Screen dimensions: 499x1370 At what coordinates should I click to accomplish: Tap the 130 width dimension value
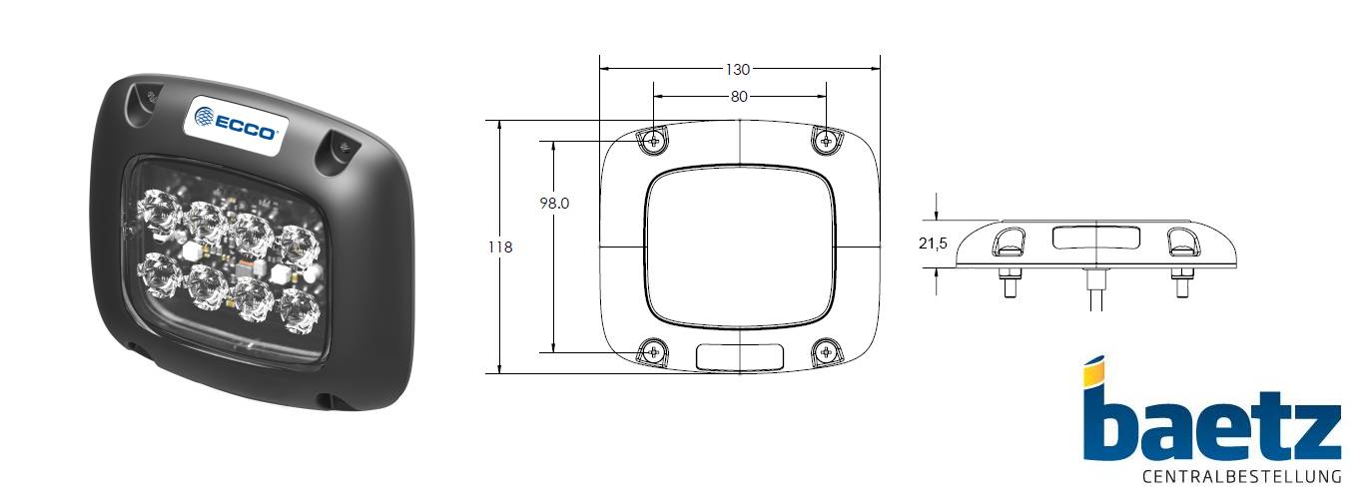(x=738, y=69)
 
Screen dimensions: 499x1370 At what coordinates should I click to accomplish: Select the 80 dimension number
(x=738, y=97)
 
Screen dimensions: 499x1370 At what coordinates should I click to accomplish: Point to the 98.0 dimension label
(x=554, y=203)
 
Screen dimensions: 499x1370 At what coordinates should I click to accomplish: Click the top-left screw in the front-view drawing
(x=653, y=141)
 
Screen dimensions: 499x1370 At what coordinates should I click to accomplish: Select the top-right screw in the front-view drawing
(x=825, y=141)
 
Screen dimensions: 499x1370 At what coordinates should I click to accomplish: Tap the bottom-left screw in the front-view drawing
(x=653, y=350)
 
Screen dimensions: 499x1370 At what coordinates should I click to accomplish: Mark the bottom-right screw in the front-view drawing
(x=825, y=350)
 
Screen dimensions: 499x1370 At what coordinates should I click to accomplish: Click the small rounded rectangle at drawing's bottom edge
(x=739, y=355)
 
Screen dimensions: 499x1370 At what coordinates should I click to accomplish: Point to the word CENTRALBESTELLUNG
(x=1240, y=475)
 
